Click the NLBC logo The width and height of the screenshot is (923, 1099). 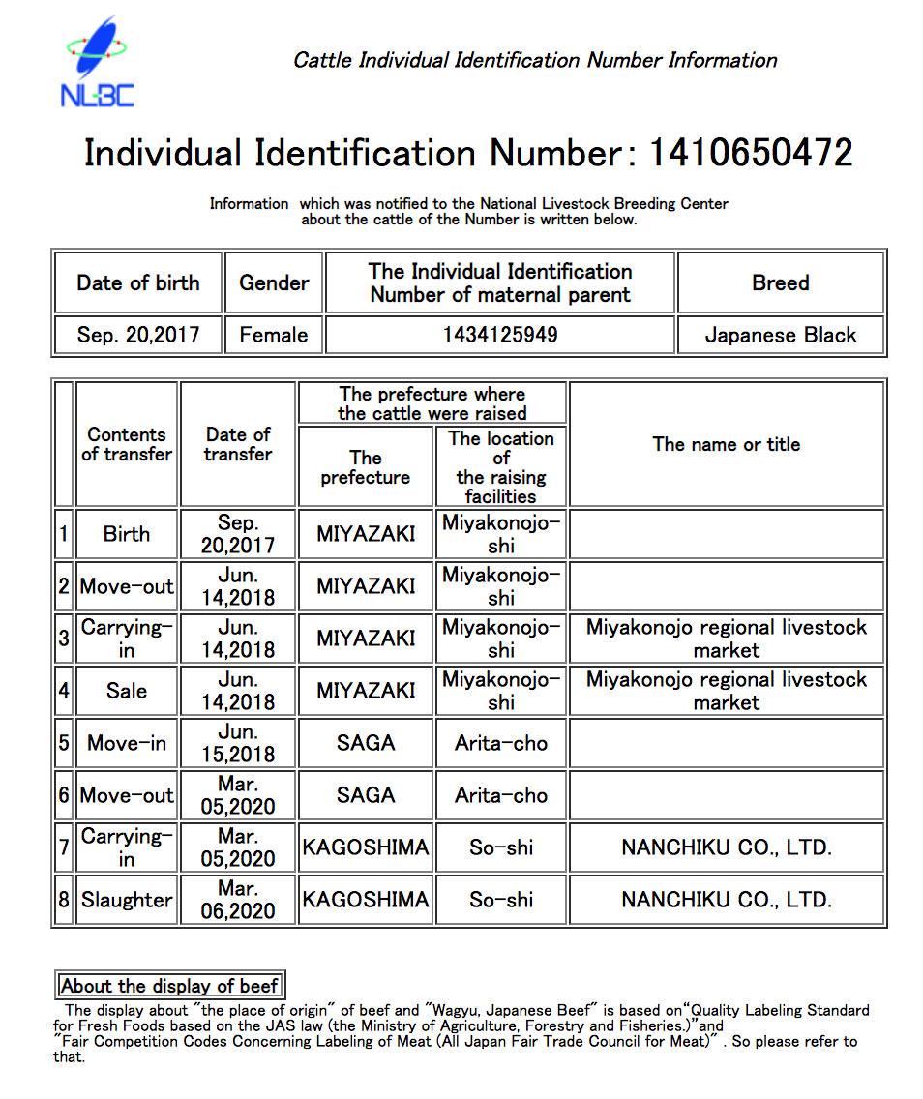97,63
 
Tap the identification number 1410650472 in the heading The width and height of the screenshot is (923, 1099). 750,153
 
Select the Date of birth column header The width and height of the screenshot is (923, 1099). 138,282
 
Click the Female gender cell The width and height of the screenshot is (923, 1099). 274,335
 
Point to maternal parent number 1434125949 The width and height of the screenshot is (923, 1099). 500,335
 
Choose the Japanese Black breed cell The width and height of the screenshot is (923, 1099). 781,335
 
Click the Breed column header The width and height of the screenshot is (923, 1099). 781,282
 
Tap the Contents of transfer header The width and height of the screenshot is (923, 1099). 127,444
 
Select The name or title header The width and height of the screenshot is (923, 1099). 727,444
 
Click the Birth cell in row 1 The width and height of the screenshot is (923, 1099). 127,534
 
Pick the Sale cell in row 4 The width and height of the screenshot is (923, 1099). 127,691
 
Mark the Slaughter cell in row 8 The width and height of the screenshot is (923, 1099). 127,900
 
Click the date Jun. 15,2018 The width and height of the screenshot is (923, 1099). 238,743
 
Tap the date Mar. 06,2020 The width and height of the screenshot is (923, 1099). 238,900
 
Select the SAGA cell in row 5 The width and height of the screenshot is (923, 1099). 366,743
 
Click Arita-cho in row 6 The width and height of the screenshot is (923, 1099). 501,795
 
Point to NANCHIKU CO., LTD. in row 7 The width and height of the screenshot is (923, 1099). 727,847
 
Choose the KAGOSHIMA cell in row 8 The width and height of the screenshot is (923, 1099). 366,900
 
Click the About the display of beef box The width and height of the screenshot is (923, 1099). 169,986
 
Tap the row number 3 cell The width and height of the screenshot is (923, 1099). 64,639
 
